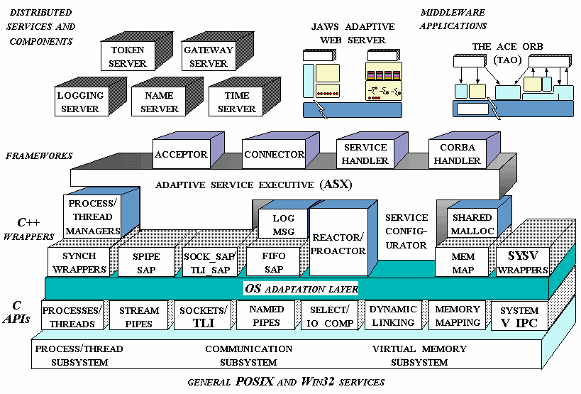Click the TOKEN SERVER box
click(127, 57)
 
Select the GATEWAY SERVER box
click(208, 57)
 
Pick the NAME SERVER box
click(159, 102)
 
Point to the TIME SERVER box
click(236, 102)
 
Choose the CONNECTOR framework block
click(273, 154)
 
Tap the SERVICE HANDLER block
click(365, 154)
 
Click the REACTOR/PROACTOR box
click(338, 244)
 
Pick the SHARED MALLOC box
click(472, 224)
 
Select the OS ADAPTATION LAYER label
click(301, 288)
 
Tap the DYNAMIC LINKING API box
click(393, 316)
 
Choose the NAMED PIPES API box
click(267, 316)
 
